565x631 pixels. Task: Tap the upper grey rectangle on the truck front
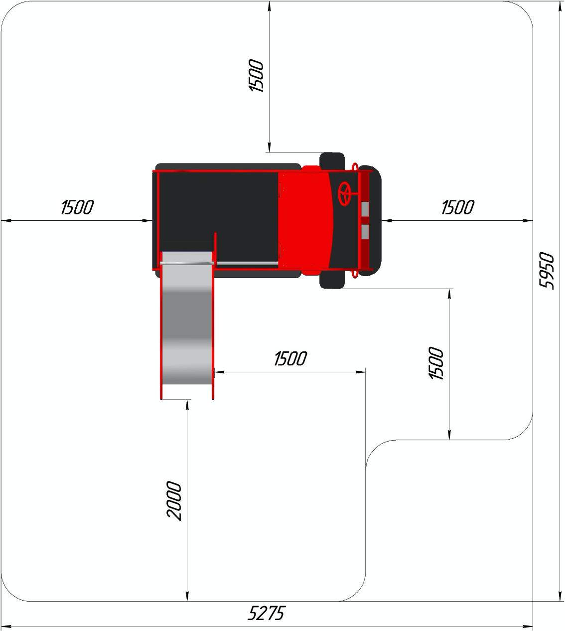tap(365, 209)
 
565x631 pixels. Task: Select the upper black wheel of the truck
tap(332, 160)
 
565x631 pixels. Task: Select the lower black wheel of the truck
tap(332, 281)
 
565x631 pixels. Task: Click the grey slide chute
tap(186, 329)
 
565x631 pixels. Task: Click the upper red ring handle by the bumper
tap(355, 166)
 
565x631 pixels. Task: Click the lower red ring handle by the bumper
tap(355, 274)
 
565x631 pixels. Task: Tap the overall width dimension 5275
tap(266, 613)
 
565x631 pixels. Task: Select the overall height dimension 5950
tap(547, 271)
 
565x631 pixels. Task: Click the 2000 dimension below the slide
tap(174, 500)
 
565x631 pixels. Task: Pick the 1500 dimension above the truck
tap(256, 76)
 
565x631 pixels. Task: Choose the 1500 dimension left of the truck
tap(77, 207)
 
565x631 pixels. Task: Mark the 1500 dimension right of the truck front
tap(457, 207)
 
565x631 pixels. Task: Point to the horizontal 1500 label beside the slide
tap(290, 359)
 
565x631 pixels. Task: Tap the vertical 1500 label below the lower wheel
tap(436, 364)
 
